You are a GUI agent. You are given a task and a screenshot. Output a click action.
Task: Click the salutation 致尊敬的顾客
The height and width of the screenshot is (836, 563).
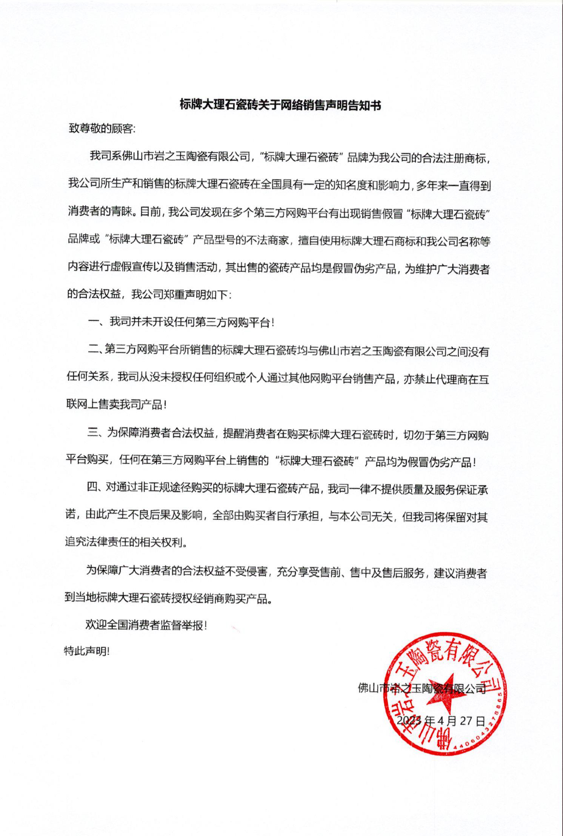tap(102, 129)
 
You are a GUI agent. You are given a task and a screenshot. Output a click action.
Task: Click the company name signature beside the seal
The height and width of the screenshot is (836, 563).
tap(421, 688)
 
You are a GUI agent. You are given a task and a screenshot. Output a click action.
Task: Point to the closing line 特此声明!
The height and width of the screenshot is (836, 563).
tap(87, 651)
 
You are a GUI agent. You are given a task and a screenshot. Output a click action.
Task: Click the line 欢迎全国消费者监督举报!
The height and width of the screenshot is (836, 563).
tap(146, 625)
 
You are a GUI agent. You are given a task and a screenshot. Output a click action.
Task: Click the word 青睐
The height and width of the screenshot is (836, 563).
tap(123, 213)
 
